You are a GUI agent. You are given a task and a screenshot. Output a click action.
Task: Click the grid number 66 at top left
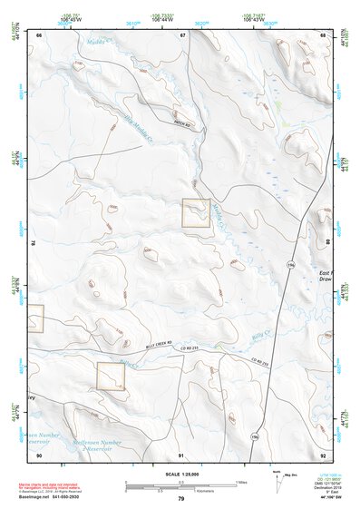pyautogui.click(x=39, y=34)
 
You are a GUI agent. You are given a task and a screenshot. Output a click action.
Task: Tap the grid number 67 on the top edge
pyautogui.click(x=183, y=34)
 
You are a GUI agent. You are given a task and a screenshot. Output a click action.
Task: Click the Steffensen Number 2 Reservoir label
pyautogui.click(x=102, y=445)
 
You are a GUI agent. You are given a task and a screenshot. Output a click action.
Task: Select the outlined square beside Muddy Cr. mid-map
pyautogui.click(x=196, y=213)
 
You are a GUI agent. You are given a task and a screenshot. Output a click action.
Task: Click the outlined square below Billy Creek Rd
pyautogui.click(x=111, y=376)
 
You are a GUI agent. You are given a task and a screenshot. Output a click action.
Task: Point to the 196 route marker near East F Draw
pyautogui.click(x=290, y=264)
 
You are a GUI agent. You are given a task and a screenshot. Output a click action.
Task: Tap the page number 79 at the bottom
pyautogui.click(x=180, y=499)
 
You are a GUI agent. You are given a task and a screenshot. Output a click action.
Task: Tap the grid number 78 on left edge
pyautogui.click(x=34, y=243)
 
